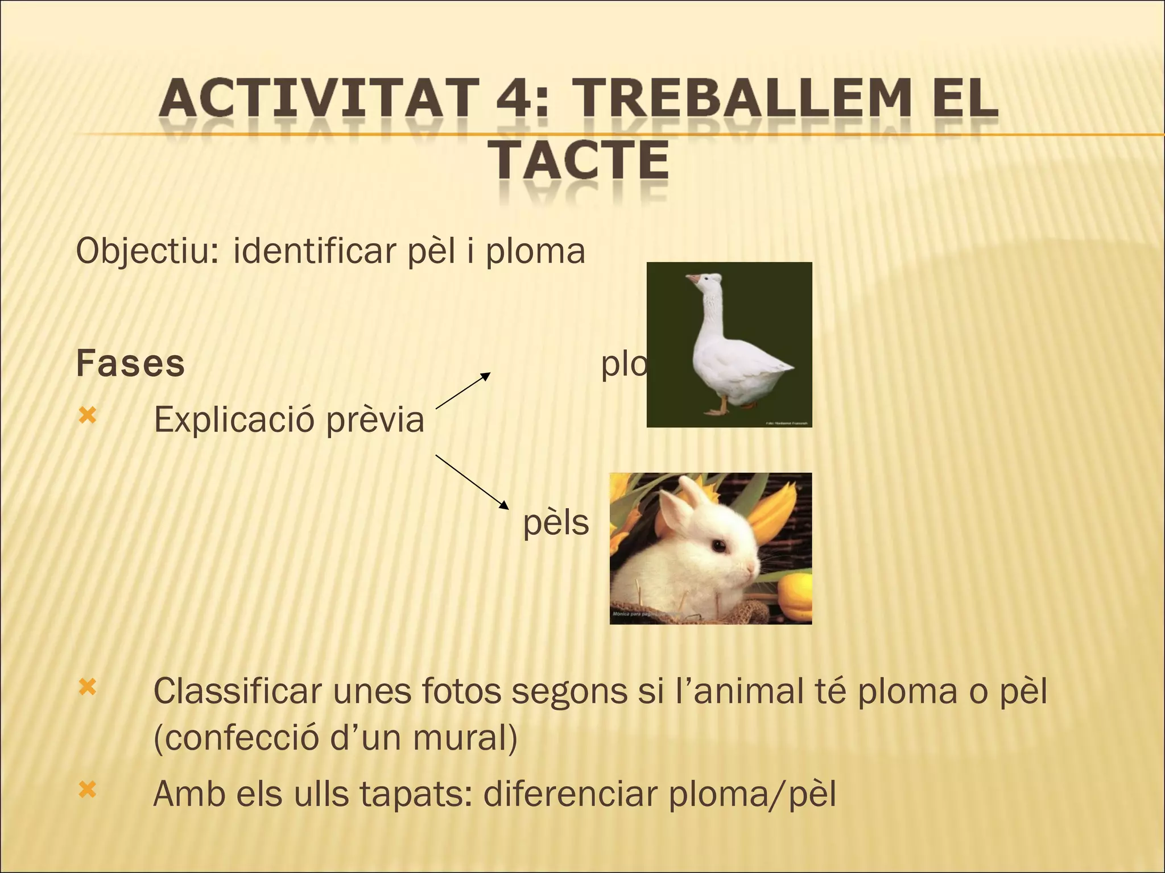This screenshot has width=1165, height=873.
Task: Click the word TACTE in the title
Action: (580, 161)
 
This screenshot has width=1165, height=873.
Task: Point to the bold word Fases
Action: (130, 364)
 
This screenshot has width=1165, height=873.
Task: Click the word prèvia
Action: (375, 420)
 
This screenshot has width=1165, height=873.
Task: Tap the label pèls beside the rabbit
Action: (556, 523)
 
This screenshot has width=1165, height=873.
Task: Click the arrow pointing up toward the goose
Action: (462, 390)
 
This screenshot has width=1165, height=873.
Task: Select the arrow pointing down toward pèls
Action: (472, 481)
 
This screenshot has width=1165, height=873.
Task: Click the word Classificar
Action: (238, 692)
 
